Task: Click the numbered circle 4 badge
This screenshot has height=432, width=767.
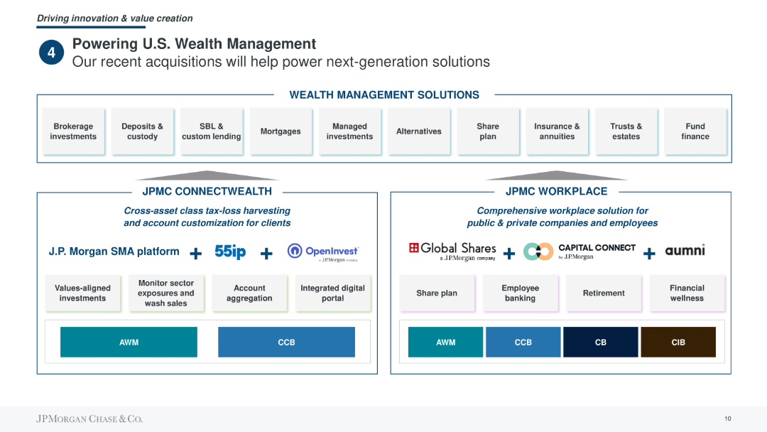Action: tap(51, 53)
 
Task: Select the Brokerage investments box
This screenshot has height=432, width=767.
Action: tap(73, 131)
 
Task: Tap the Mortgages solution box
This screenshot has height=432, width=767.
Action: tap(281, 131)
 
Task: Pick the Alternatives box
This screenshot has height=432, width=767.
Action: tap(419, 131)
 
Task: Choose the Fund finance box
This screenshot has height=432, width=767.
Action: tap(695, 131)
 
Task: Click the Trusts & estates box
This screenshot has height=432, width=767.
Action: tap(626, 131)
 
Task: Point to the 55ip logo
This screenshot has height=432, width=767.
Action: tap(230, 252)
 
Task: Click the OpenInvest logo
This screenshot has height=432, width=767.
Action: tap(323, 252)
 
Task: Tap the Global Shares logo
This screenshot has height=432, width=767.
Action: tap(452, 251)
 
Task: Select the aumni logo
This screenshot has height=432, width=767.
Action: tap(685, 250)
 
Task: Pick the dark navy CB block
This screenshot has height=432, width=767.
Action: tap(601, 342)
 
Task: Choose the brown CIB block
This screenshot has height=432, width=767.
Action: tap(678, 342)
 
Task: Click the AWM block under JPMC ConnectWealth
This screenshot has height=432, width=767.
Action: tap(129, 342)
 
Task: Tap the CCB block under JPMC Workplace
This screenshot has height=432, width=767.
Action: tap(523, 342)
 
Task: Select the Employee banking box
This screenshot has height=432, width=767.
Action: tap(521, 293)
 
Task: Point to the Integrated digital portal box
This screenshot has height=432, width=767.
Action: tap(333, 293)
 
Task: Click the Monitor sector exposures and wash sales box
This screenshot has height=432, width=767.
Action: tap(166, 293)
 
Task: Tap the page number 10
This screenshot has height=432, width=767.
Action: tap(728, 418)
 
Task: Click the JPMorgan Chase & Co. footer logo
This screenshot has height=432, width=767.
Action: tap(89, 418)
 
